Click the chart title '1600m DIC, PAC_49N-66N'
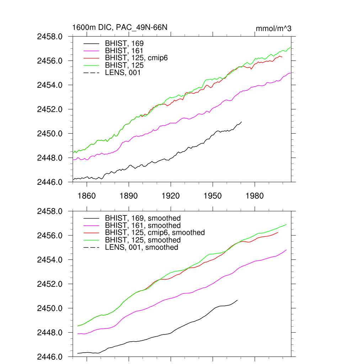(x=120, y=27)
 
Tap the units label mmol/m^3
(x=274, y=28)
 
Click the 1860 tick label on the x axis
(x=87, y=196)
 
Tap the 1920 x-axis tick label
(x=171, y=196)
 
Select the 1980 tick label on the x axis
(x=255, y=196)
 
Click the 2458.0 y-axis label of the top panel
(x=53, y=37)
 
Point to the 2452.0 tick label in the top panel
(x=53, y=109)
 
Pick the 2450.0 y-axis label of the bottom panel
(x=53, y=308)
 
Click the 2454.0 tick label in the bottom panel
(x=53, y=260)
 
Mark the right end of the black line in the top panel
(x=242, y=122)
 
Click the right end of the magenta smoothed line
(x=286, y=250)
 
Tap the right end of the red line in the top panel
(x=282, y=57)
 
